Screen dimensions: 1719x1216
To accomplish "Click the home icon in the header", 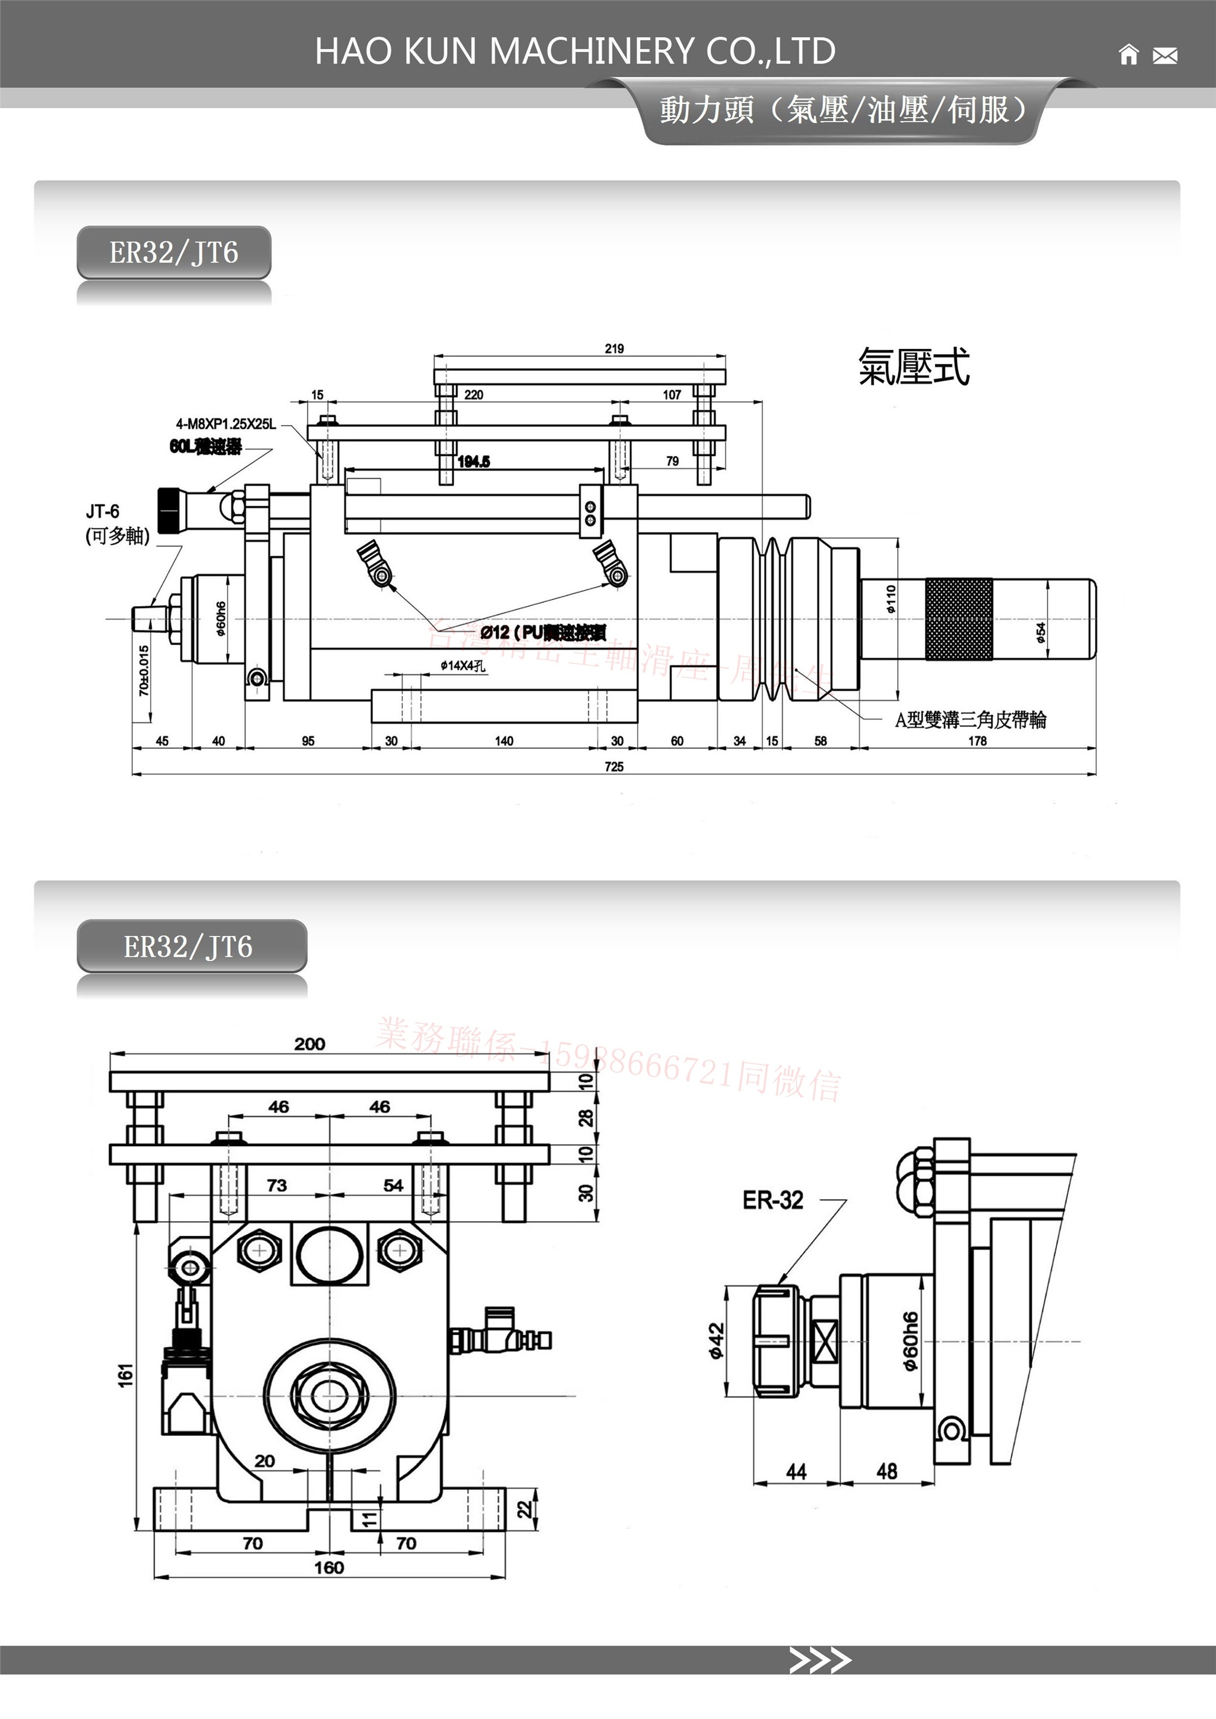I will (1128, 55).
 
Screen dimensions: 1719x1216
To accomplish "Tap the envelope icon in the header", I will (1164, 55).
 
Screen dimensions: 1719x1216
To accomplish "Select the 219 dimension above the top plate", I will (614, 349).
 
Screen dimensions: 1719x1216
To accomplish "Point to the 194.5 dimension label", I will (473, 462).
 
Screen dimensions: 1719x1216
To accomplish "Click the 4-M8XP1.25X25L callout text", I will (226, 424).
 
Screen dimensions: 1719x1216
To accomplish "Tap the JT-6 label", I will (103, 511).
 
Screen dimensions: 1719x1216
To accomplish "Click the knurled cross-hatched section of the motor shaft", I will (958, 619).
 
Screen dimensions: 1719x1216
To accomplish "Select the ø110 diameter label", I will (890, 599).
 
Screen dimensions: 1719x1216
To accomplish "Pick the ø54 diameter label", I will (1041, 633).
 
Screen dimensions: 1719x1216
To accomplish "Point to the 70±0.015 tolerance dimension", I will (144, 670).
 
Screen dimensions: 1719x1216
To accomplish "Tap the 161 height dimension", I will (125, 1375).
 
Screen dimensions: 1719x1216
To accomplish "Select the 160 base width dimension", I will (329, 1567).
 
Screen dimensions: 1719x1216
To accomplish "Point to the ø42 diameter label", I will (716, 1340).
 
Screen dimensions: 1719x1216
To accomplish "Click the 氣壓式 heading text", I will (914, 367).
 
